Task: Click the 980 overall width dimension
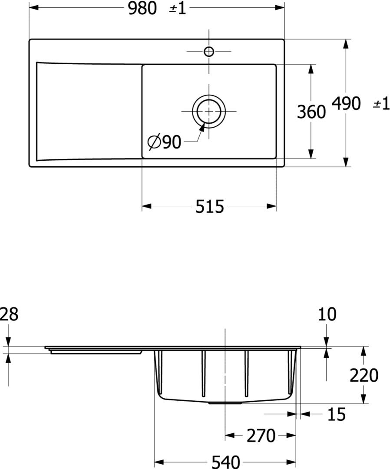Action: tap(142, 8)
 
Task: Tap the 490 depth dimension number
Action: tap(346, 103)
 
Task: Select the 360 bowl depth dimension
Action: tap(311, 112)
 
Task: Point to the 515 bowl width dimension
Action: tap(209, 206)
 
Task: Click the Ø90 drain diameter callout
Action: tap(165, 142)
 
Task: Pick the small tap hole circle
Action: tap(209, 51)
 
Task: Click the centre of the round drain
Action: tap(209, 111)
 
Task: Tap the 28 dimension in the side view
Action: tap(9, 315)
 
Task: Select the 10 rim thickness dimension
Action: tap(327, 314)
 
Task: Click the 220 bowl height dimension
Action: tap(364, 375)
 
